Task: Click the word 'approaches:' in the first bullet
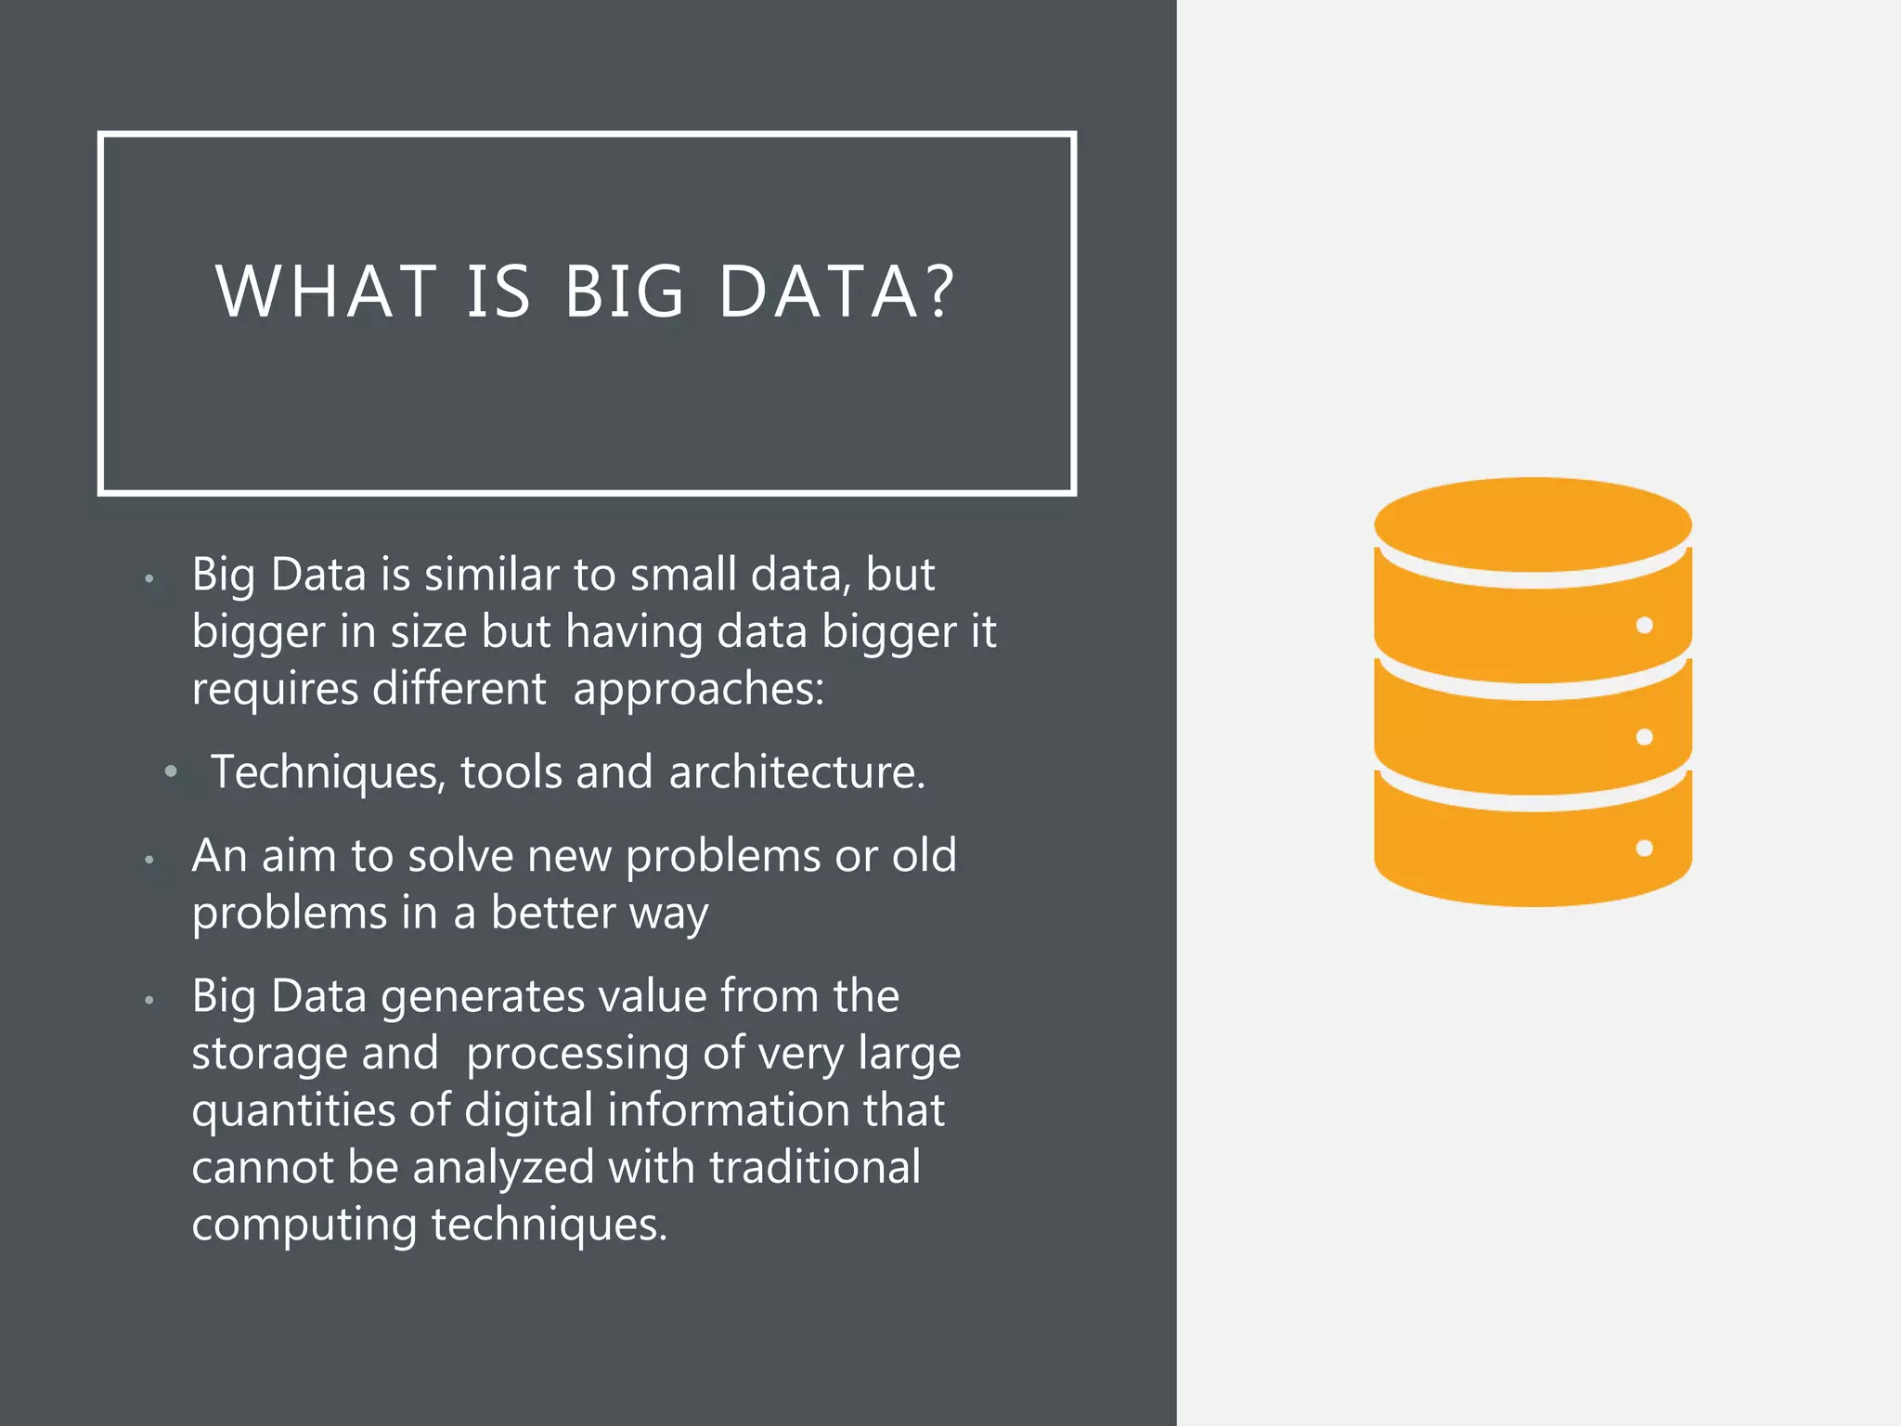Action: click(698, 690)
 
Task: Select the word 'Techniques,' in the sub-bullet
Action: click(328, 772)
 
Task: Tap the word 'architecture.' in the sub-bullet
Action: click(796, 772)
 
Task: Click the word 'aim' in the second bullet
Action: click(298, 855)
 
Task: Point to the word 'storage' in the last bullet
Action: click(268, 1054)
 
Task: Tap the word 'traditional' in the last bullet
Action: click(814, 1168)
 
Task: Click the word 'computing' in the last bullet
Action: click(304, 1225)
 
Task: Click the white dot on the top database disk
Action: click(1644, 626)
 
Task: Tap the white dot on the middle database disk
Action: click(1644, 737)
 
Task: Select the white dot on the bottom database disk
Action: click(1644, 848)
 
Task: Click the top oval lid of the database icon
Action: click(1532, 524)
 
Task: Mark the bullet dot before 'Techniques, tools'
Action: click(171, 771)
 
